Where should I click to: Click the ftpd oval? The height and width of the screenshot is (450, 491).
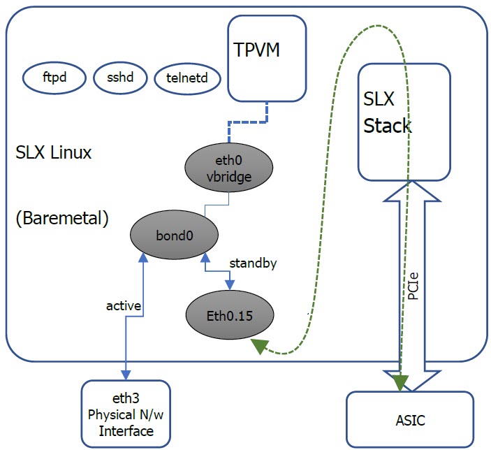[x=54, y=78]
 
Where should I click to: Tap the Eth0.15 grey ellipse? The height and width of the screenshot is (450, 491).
[x=229, y=316]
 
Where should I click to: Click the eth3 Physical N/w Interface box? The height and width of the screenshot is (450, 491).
[x=126, y=413]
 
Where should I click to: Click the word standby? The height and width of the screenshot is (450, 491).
[x=254, y=263]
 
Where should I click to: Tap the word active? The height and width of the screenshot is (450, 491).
[x=124, y=305]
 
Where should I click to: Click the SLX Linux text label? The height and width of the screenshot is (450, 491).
[x=53, y=153]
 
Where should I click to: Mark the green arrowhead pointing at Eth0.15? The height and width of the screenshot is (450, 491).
[x=261, y=344]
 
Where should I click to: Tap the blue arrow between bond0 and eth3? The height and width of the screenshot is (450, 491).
[x=125, y=328]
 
